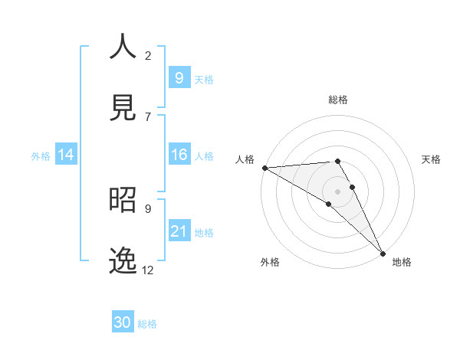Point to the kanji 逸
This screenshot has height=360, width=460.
(x=123, y=260)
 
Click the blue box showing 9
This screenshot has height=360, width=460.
(x=179, y=77)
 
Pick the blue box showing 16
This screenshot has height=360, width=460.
(x=179, y=155)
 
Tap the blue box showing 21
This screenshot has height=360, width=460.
(x=179, y=231)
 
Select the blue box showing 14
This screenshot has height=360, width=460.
(x=66, y=155)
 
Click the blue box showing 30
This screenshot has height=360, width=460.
(x=123, y=322)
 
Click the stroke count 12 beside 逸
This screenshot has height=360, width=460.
(x=148, y=270)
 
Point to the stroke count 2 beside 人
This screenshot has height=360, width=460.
(x=148, y=55)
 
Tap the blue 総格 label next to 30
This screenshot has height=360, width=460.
(x=147, y=324)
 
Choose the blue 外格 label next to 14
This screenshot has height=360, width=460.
(x=41, y=155)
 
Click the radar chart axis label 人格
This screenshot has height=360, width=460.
(x=245, y=159)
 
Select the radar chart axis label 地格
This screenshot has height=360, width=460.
(x=402, y=262)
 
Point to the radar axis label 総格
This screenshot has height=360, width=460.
(x=338, y=100)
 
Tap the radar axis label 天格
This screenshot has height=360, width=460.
(x=432, y=159)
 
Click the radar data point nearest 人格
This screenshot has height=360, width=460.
(x=264, y=168)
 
